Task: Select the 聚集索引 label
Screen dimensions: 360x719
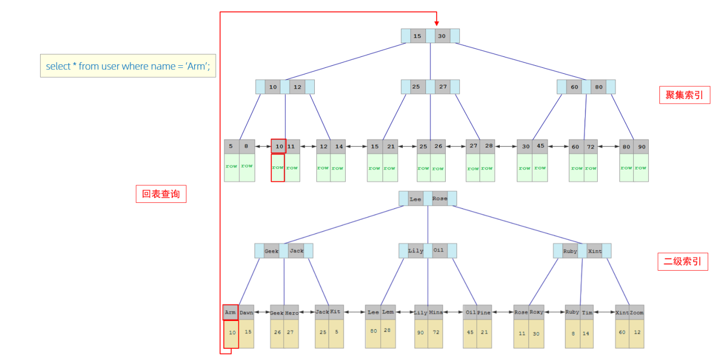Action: [685, 95]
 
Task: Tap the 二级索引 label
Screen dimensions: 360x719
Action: [683, 261]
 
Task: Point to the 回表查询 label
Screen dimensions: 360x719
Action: [161, 194]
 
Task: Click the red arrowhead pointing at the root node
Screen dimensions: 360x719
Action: [437, 23]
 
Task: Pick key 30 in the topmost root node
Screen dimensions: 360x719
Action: [442, 36]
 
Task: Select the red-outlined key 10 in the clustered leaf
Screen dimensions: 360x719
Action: [279, 146]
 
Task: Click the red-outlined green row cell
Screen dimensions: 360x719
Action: [278, 168]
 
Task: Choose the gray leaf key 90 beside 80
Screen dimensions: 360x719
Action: [641, 146]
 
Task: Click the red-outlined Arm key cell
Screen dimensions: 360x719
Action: [231, 312]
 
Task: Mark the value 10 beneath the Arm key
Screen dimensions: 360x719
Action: [232, 333]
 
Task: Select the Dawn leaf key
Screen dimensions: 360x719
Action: [247, 312]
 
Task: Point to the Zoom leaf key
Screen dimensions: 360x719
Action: [637, 312]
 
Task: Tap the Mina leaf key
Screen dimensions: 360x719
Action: [436, 312]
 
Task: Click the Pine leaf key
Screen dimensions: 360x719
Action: [484, 312]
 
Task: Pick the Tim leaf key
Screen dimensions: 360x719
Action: [587, 312]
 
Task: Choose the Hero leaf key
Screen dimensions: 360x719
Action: [292, 312]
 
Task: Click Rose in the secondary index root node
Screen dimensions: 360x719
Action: [440, 199]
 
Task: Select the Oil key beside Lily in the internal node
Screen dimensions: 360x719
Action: [439, 251]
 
